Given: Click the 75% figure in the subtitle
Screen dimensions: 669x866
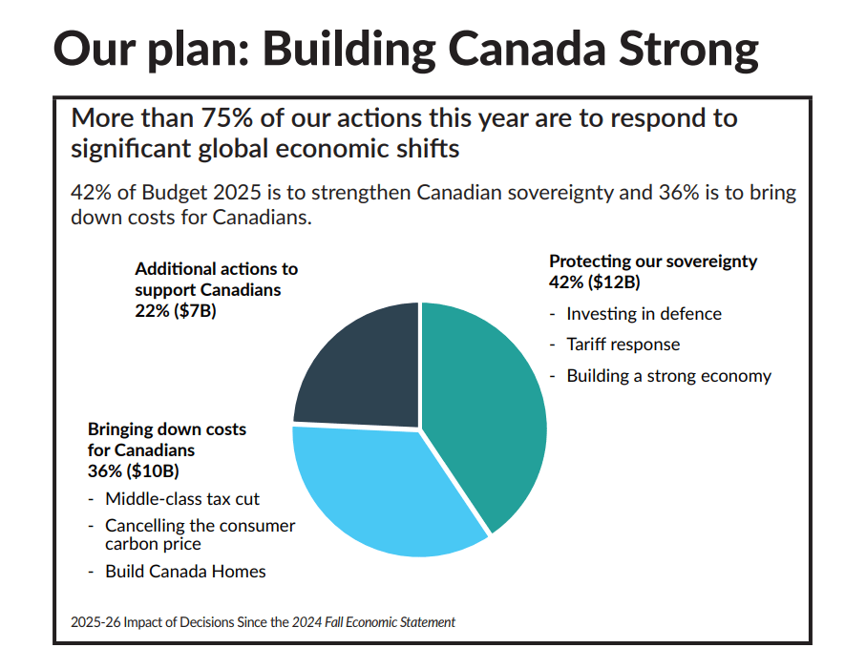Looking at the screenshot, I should pyautogui.click(x=226, y=119).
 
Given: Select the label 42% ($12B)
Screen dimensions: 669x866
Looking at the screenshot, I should pyautogui.click(x=594, y=282).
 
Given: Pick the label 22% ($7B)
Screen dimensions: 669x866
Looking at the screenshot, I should pyautogui.click(x=176, y=311).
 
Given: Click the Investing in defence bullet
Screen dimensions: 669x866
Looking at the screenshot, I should pyautogui.click(x=644, y=314).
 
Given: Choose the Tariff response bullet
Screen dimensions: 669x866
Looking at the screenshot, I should pyautogui.click(x=623, y=345).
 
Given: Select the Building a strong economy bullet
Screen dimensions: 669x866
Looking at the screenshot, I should pyautogui.click(x=668, y=376).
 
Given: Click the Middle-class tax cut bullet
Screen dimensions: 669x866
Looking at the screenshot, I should pyautogui.click(x=182, y=499).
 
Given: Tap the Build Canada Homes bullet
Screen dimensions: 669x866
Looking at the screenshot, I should pyautogui.click(x=185, y=572).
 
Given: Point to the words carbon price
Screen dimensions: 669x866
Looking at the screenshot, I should pyautogui.click(x=153, y=544).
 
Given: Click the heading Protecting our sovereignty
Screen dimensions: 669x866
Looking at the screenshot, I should pyautogui.click(x=653, y=261).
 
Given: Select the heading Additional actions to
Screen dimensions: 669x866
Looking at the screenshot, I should pyautogui.click(x=216, y=269).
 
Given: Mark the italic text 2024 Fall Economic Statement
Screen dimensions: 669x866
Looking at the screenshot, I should pyautogui.click(x=373, y=622).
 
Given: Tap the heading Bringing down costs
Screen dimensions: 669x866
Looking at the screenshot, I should pyautogui.click(x=167, y=429).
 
